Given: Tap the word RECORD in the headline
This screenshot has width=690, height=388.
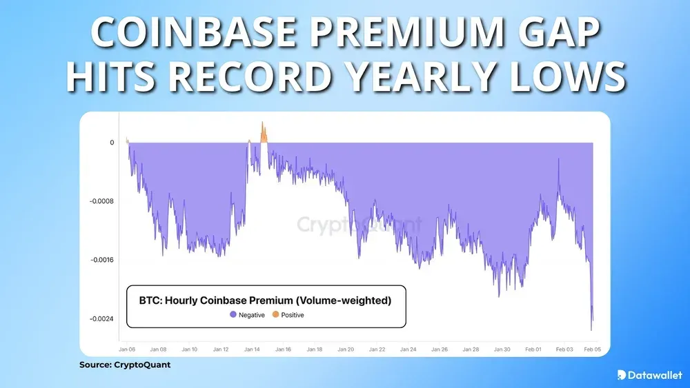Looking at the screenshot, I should pos(279,78).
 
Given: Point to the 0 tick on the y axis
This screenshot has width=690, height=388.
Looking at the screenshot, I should pos(112,143).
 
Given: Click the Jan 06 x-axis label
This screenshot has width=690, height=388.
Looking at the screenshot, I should pos(128,349).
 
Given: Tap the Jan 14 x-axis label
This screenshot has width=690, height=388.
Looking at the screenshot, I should pos(253,349).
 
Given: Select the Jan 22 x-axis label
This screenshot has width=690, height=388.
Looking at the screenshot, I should pos(377,349).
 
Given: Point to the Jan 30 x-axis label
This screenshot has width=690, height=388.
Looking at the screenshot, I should pos(503,349).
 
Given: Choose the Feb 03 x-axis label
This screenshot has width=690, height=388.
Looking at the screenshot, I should pos(565,349).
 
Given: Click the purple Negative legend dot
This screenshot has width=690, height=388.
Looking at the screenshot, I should pos(233,315).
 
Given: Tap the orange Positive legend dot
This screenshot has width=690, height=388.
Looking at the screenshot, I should pos(275,315).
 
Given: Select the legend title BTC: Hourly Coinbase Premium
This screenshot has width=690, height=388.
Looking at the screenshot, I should pos(265,300).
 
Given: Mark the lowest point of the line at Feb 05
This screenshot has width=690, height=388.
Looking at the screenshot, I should pos(591,330).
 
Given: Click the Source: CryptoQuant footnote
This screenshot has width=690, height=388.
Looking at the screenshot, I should pos(125,365).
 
